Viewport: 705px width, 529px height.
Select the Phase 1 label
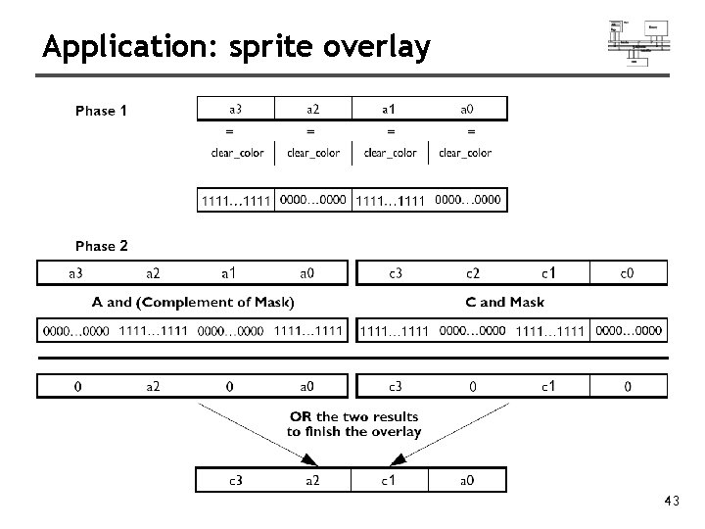(x=102, y=111)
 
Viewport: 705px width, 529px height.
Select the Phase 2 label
(x=102, y=246)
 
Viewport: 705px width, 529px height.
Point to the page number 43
(x=671, y=502)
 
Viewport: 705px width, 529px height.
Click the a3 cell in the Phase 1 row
(x=236, y=108)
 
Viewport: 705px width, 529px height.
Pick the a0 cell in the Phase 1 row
(x=470, y=108)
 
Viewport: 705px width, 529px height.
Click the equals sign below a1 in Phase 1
(x=391, y=130)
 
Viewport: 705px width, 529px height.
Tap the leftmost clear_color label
(x=237, y=152)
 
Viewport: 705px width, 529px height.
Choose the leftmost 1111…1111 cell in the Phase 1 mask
(x=236, y=201)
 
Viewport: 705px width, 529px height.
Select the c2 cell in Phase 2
(x=472, y=272)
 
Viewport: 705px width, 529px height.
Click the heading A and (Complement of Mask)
(x=194, y=302)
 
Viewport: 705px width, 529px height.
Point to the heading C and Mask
(x=512, y=302)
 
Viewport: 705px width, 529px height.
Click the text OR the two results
(x=353, y=415)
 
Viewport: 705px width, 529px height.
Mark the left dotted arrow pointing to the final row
(x=257, y=432)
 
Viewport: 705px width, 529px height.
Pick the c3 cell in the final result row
(x=236, y=480)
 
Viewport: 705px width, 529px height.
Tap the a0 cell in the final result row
(x=468, y=480)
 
